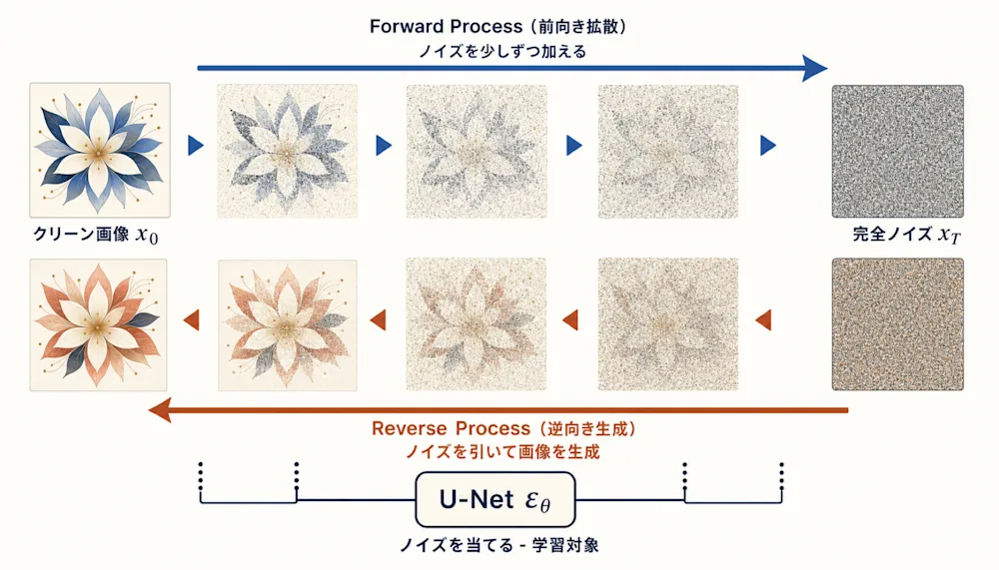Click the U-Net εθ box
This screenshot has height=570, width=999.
pos(496,499)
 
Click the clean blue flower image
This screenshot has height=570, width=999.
pos(100,151)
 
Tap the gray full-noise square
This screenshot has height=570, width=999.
pos(898,152)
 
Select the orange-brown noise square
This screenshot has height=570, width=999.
pos(898,324)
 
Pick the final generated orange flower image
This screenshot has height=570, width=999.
pos(98,324)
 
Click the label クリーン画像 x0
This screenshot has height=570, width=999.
pos(96,235)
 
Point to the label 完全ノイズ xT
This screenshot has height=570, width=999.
pos(906,235)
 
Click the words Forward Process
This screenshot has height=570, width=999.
pos(446,27)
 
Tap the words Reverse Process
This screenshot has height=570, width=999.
pos(452,428)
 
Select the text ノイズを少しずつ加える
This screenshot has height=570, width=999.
pos(502,52)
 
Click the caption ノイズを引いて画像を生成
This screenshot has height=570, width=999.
pos(502,452)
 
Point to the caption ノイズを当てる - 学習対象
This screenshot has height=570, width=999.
pos(499,545)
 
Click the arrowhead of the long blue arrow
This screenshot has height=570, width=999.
pos(815,68)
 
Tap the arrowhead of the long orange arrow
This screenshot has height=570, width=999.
pos(160,410)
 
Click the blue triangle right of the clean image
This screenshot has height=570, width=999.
pos(196,146)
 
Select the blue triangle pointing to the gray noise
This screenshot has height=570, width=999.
pos(768,146)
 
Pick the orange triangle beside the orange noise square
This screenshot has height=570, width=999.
pos(763,319)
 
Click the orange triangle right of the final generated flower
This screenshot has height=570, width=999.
pos(191,319)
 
